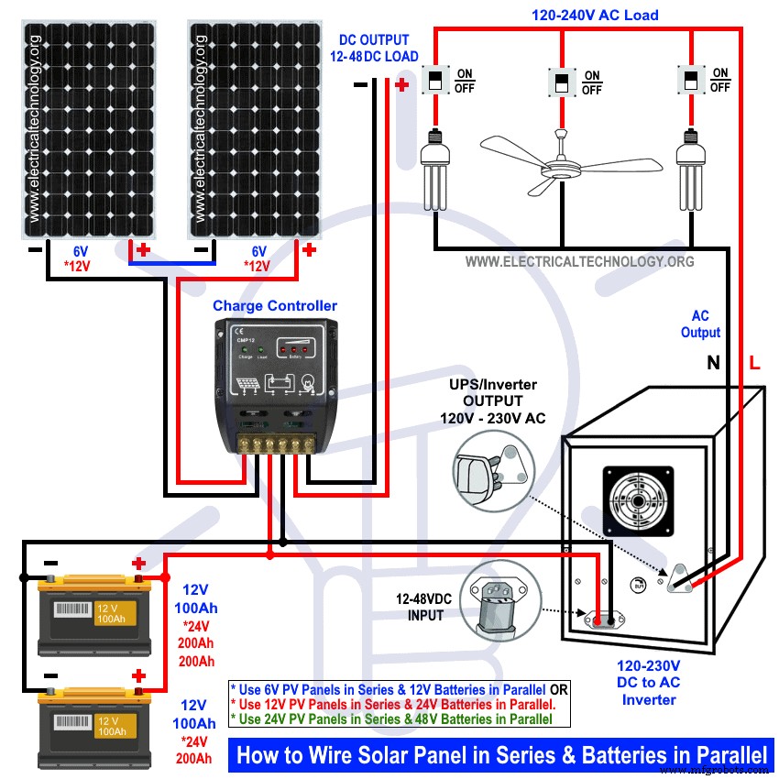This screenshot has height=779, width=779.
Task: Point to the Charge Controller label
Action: [x=275, y=306]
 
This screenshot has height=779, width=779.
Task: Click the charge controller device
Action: [x=272, y=386]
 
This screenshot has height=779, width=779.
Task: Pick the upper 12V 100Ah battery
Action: [x=89, y=614]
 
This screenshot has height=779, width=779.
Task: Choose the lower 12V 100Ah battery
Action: [x=89, y=726]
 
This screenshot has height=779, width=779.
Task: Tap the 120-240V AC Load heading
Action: [x=595, y=16]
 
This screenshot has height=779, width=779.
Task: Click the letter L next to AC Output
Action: [x=754, y=363]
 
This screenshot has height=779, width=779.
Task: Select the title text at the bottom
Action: [x=501, y=755]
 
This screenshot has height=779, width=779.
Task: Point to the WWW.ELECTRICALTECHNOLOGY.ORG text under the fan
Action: [x=579, y=262]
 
